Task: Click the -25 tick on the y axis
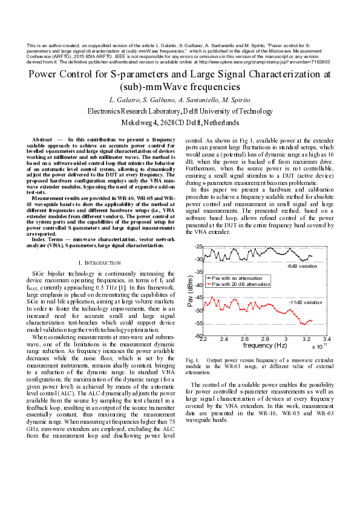[x=198, y=247]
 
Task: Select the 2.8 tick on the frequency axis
[x=264, y=340]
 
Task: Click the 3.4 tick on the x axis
[x=326, y=340]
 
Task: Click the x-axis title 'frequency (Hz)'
[x=265, y=346]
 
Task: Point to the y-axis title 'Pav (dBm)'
[x=190, y=291]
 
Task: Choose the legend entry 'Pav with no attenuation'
[x=240, y=277]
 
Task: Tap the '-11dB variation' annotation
[x=304, y=302]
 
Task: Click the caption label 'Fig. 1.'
[x=194, y=360]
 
